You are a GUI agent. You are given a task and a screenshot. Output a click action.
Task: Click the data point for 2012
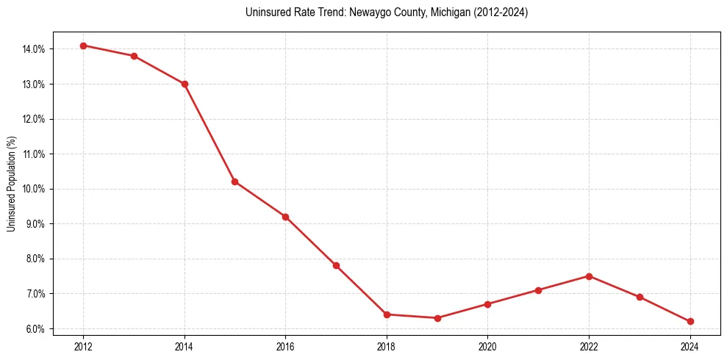tap(83, 46)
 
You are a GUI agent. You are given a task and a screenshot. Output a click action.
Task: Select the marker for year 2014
tap(185, 84)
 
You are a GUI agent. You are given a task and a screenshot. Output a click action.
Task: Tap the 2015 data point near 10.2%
tap(234, 181)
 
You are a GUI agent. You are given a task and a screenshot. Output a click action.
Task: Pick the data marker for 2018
tap(387, 314)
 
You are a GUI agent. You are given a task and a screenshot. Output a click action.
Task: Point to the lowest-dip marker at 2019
tap(437, 318)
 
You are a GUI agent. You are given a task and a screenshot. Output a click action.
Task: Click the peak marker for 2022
tap(589, 276)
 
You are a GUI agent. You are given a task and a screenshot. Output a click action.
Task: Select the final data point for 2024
tap(690, 321)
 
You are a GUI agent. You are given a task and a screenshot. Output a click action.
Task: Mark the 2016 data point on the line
tap(285, 217)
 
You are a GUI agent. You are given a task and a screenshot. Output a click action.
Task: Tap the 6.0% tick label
tap(34, 328)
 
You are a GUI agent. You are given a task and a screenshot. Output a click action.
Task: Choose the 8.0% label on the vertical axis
tap(34, 259)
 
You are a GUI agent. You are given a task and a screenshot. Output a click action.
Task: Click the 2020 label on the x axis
tap(488, 346)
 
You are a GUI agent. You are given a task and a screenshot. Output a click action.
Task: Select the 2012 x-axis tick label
tap(83, 346)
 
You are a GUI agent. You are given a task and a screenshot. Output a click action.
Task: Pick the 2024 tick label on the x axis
tap(690, 346)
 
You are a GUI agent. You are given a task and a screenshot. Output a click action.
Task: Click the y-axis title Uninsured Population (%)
tap(11, 184)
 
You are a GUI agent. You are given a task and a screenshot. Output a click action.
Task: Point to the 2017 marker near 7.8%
tap(336, 265)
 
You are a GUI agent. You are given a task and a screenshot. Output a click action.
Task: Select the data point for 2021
tap(538, 290)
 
